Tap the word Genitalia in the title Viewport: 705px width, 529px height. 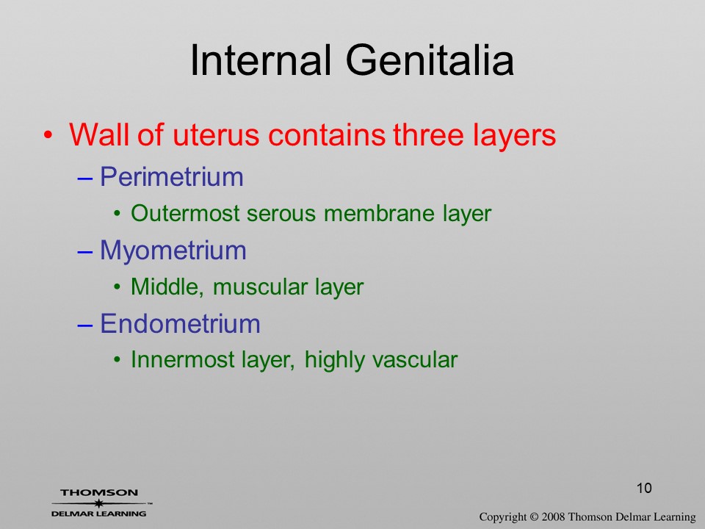click(x=430, y=60)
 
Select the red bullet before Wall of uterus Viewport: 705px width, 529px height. click(x=48, y=135)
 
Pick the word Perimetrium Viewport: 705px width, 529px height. click(x=172, y=177)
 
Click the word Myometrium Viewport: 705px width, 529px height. click(x=173, y=251)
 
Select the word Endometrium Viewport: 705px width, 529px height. click(x=181, y=323)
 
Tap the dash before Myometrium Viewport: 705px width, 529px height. click(x=85, y=252)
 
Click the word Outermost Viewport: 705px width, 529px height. click(x=185, y=213)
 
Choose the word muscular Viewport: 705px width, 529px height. click(x=260, y=287)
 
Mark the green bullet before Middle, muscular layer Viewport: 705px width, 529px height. click(x=117, y=287)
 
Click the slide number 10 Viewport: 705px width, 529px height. click(x=644, y=488)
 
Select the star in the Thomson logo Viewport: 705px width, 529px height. click(x=98, y=504)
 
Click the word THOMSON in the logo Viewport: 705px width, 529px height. click(x=99, y=492)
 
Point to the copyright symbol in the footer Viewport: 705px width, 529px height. click(x=534, y=517)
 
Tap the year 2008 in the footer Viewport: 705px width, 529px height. click(x=552, y=517)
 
